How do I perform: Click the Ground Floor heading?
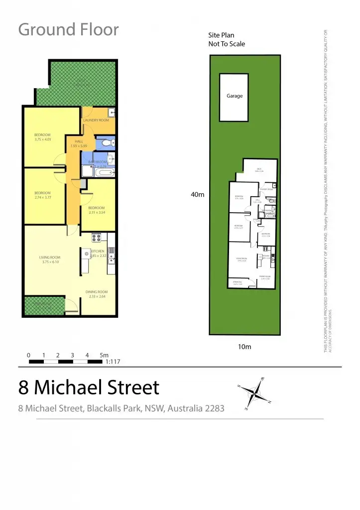coord(69,29)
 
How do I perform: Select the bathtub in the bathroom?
coord(105,173)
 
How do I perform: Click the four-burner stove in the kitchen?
coord(96,238)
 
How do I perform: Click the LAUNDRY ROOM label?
coord(96,121)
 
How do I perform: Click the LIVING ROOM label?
coord(50,257)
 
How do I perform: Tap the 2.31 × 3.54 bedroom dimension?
coord(97,213)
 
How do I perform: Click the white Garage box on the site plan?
coord(234,97)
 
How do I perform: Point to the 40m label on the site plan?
coord(198,195)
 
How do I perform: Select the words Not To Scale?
coord(227,44)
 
